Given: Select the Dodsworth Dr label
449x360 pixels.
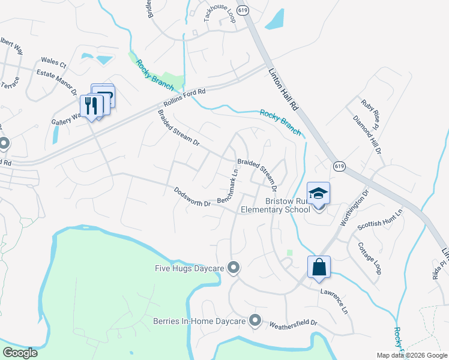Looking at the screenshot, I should tap(192, 196).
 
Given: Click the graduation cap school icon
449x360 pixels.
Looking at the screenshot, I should tap(319, 193).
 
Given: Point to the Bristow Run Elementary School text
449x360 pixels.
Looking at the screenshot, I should tap(276, 205).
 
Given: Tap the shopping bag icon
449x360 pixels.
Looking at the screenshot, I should tap(319, 267).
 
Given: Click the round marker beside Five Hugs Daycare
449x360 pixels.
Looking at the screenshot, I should tap(234, 268).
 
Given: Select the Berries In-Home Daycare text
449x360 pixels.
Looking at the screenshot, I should tap(199, 321).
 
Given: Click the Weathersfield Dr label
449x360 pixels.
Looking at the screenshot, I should tap(294, 322).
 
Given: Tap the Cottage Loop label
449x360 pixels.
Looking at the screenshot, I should tap(370, 258).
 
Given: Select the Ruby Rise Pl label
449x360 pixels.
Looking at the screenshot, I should tap(368, 113).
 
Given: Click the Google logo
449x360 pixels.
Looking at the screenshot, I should tap(20, 353).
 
